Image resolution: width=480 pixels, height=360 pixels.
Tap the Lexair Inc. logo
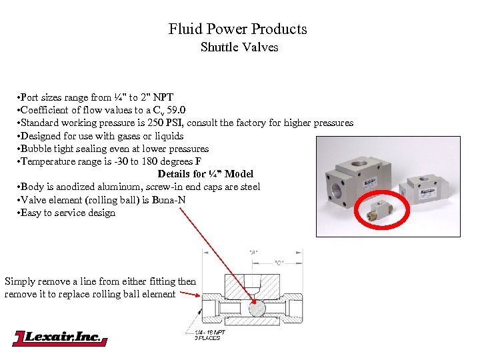coord(60,338)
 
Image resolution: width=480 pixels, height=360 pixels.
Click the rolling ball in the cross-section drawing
coord(256,309)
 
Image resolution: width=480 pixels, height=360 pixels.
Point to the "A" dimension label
coord(253,252)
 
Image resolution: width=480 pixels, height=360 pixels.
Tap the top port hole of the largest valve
coord(352,144)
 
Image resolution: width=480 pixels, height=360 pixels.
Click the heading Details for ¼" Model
coord(205,174)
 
